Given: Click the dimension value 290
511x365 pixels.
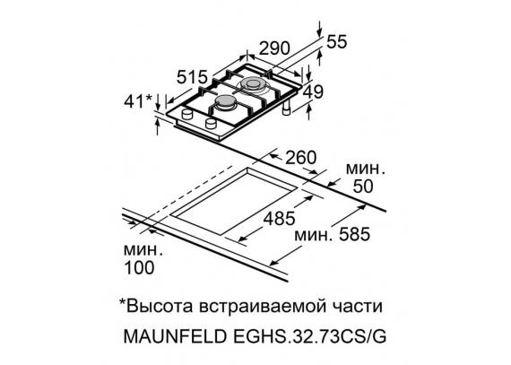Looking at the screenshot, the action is click(274, 48).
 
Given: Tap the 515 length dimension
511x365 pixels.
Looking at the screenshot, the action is click(192, 77).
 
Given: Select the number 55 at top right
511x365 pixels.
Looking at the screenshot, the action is click(337, 42).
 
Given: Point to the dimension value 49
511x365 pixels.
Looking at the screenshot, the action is click(313, 91).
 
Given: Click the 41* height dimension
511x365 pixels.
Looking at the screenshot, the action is click(138, 101).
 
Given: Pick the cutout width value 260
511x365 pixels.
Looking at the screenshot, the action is click(301, 158).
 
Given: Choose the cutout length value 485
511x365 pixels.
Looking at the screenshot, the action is click(279, 218).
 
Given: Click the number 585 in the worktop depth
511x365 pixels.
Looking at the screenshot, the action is click(354, 234).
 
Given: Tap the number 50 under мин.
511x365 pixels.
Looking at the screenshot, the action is click(363, 187).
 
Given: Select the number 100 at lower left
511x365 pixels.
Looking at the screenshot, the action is click(139, 267).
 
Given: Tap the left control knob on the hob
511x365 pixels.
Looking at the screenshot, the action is click(187, 115).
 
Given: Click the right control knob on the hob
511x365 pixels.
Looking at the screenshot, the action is click(212, 123).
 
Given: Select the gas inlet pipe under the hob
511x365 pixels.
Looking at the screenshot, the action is click(287, 108).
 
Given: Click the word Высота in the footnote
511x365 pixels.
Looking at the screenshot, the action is click(159, 307).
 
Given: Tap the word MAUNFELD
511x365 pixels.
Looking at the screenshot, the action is click(175, 336).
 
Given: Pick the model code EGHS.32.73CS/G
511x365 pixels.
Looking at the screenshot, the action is click(308, 336).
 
